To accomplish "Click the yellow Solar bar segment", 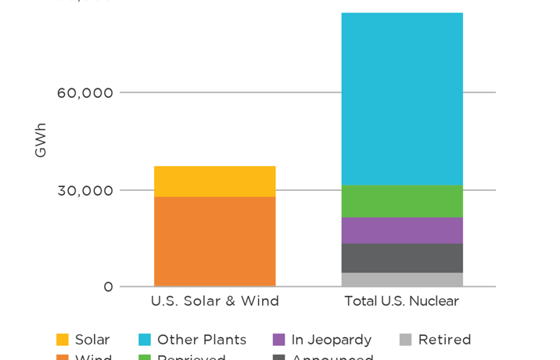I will point(214,181).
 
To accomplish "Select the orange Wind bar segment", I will point(214,241).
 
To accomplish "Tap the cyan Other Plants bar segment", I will point(401,99).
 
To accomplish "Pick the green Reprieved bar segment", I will point(401,201).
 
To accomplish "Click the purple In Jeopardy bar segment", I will point(401,230).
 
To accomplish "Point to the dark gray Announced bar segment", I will point(401,257).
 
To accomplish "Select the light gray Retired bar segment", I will point(401,279).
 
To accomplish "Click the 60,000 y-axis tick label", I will point(85,93).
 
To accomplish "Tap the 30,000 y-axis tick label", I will point(85,190).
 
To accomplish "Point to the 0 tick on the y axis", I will point(108,287).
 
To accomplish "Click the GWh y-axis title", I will point(41,140).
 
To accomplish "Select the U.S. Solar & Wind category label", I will point(214,301).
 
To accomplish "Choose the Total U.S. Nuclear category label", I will point(401,301).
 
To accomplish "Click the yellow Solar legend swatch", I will point(63,340).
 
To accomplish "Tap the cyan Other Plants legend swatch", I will point(145,340).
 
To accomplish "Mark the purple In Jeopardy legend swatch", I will point(278,340).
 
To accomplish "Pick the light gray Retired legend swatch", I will point(405,340).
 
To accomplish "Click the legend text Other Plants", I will point(202,340).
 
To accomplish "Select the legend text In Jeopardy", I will point(331,340).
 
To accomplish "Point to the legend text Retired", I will point(444,340).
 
